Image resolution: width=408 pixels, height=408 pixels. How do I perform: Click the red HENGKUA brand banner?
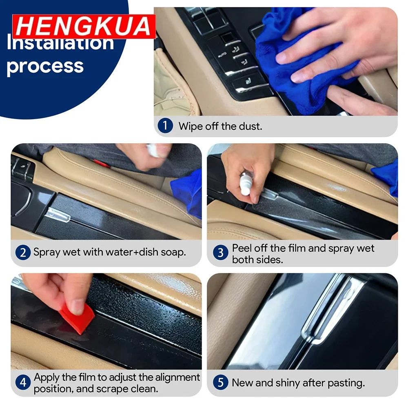click(x=84, y=26)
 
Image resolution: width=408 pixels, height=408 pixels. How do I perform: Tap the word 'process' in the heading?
click(x=45, y=67)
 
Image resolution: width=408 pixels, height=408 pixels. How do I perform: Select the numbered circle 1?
click(x=165, y=125)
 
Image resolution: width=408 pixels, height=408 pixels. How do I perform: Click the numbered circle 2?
click(x=23, y=253)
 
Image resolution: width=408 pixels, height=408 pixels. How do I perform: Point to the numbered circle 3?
click(x=220, y=253)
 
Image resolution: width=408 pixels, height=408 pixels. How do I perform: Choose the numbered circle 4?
click(x=23, y=382)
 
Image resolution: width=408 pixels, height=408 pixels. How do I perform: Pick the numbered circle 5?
click(x=220, y=382)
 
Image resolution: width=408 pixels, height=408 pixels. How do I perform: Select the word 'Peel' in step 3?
click(x=242, y=248)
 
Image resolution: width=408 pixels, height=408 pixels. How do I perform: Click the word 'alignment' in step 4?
click(x=178, y=377)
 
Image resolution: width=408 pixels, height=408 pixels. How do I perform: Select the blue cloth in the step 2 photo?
click(x=188, y=193)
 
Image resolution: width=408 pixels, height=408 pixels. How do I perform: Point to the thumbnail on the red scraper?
click(x=78, y=307)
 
